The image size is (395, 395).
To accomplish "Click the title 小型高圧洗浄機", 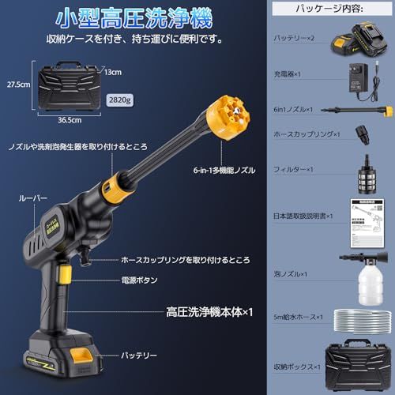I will point(133,17).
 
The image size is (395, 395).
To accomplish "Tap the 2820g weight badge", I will point(120,100).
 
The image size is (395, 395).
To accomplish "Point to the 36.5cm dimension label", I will point(72,121).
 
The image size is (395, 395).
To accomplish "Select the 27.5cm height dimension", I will point(18,83).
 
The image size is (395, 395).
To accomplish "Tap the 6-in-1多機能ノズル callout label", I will point(220,168).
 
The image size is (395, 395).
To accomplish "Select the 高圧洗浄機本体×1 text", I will point(210,312).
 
